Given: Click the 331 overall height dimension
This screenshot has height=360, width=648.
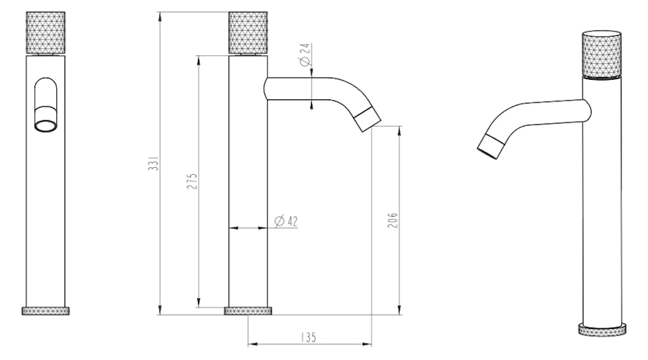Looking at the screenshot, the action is tap(153, 163).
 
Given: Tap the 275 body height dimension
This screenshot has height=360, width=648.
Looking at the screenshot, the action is tap(192, 181).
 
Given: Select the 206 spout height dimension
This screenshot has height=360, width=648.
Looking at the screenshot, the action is tap(392, 220).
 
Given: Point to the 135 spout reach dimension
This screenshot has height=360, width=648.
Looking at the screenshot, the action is tap(308, 337).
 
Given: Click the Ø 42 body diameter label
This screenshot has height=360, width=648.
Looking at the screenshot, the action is tap(287, 221).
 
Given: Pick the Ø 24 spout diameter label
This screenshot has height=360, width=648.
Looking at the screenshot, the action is tap(305, 55).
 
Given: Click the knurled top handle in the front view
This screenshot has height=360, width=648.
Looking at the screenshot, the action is tap(45, 32).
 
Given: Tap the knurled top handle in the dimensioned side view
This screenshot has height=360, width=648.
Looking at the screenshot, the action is tap(248, 32).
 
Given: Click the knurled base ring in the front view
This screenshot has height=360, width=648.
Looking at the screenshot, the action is tap(45, 311).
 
